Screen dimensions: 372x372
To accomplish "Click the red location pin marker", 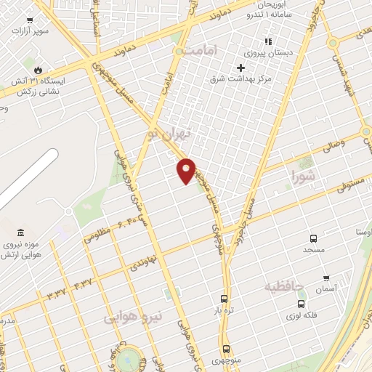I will (x=187, y=170).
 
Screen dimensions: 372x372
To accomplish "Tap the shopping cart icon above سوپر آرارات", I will (x=29, y=21).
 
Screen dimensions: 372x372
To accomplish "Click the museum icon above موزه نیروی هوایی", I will (x=20, y=233).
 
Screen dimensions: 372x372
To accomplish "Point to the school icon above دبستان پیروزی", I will (x=267, y=41).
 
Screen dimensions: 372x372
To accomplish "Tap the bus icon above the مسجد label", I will (x=313, y=238).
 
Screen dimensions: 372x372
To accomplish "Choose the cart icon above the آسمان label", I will (x=326, y=278).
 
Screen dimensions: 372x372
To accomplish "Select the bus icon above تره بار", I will (x=224, y=299).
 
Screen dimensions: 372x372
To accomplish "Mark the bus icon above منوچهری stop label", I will (x=227, y=349).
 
